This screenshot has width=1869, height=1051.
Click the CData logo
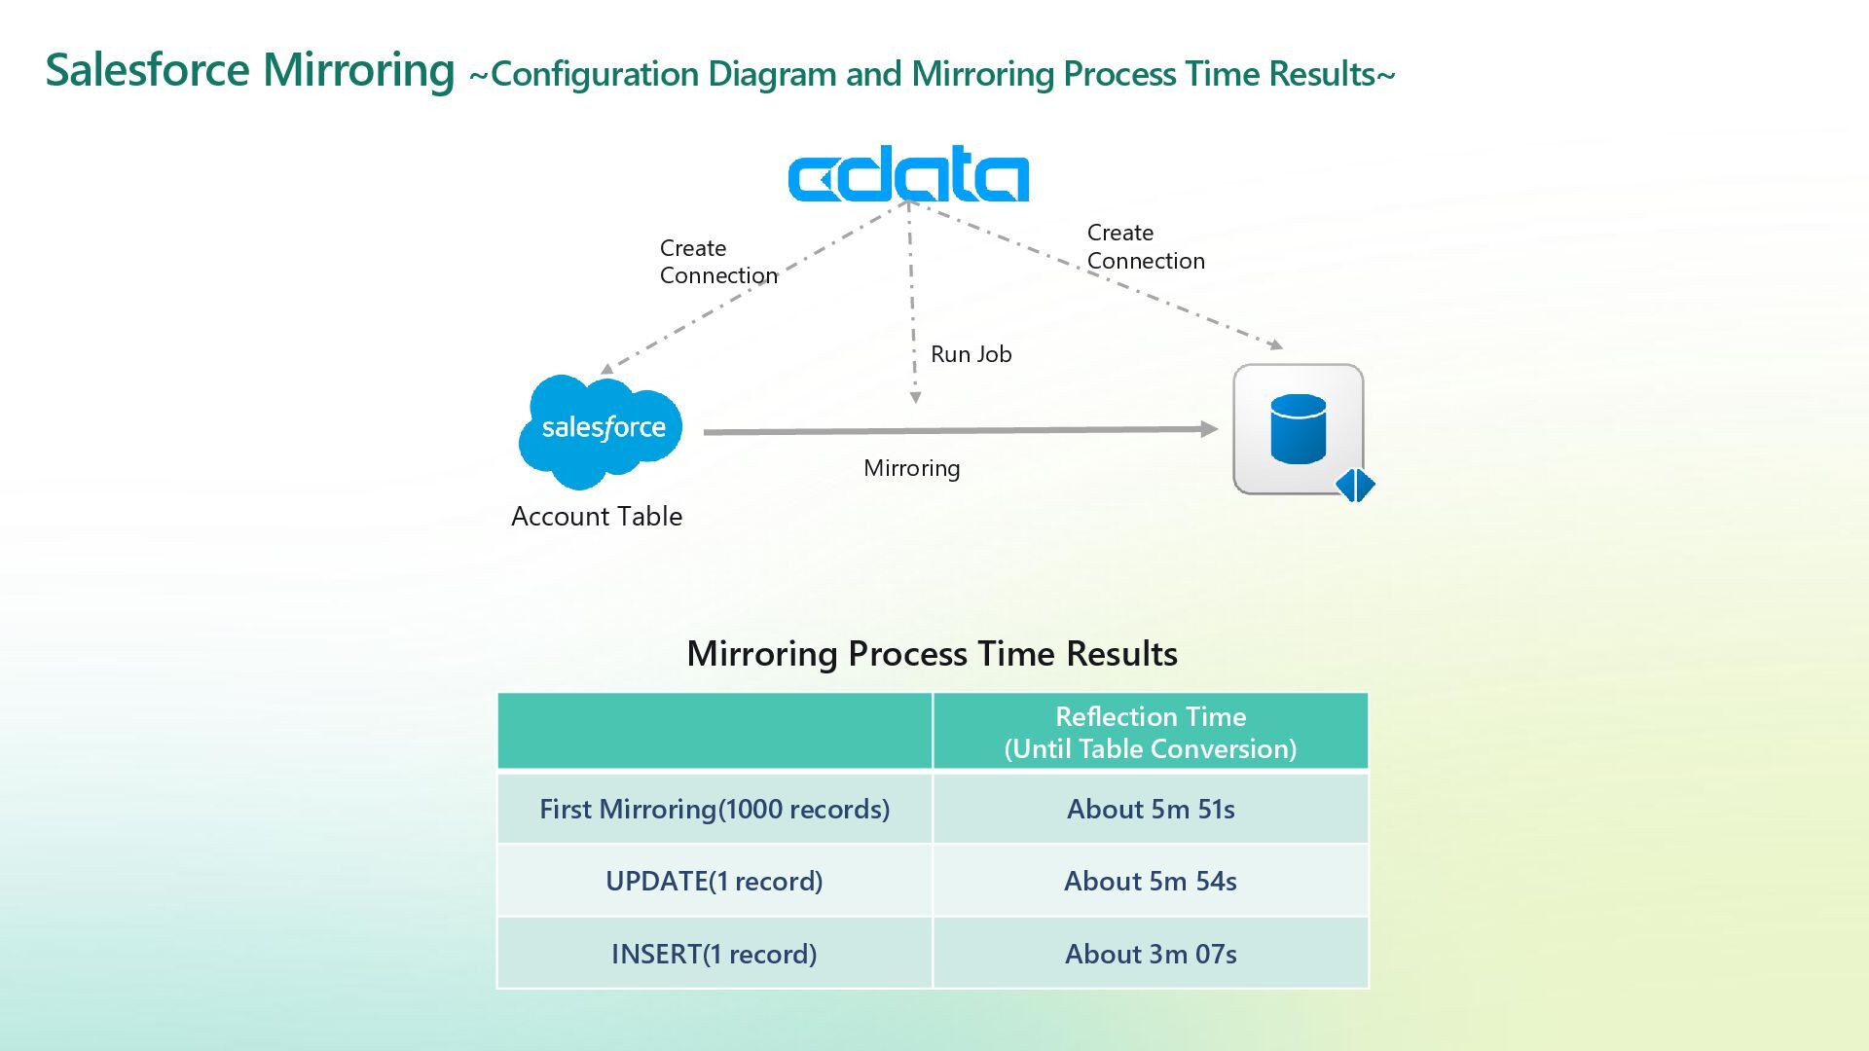pyautogui.click(x=907, y=175)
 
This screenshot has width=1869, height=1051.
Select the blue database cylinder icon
pyautogui.click(x=1298, y=428)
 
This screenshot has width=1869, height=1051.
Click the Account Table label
pyautogui.click(x=597, y=516)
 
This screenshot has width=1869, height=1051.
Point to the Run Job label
pyautogui.click(x=971, y=354)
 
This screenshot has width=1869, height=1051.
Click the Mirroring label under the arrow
pyautogui.click(x=911, y=468)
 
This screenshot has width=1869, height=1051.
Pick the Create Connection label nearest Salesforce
pyautogui.click(x=718, y=262)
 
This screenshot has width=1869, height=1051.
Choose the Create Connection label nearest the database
pyautogui.click(x=1146, y=247)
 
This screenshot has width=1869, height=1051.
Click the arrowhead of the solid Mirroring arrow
pyautogui.click(x=1210, y=429)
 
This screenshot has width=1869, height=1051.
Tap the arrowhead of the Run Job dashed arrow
pyautogui.click(x=915, y=397)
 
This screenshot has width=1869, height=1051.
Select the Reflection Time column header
pyautogui.click(x=1150, y=732)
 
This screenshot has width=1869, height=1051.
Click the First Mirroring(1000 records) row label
pyautogui.click(x=715, y=809)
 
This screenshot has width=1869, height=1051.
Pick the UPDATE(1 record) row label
pyautogui.click(x=715, y=881)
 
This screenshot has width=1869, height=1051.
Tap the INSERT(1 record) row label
pyautogui.click(x=715, y=954)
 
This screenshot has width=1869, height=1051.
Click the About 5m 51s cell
pyautogui.click(x=1150, y=809)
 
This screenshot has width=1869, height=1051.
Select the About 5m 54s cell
pyautogui.click(x=1150, y=881)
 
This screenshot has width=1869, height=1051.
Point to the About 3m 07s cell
pyautogui.click(x=1150, y=954)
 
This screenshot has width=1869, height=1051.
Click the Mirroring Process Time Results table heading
pyautogui.click(x=932, y=653)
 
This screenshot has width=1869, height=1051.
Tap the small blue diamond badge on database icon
pyautogui.click(x=1354, y=485)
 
